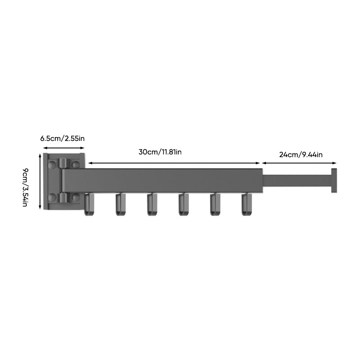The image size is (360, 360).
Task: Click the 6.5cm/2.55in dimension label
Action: [x=62, y=138]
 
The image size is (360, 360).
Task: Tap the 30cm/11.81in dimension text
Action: [x=160, y=152]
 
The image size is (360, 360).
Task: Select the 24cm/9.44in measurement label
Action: [x=301, y=154]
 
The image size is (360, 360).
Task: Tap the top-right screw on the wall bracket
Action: [x=76, y=165]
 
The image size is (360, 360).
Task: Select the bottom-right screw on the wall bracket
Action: [x=76, y=197]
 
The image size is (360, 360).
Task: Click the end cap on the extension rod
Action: [x=334, y=180]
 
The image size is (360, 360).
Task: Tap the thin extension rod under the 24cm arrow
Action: [x=297, y=180]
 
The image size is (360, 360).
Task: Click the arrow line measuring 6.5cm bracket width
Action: [x=63, y=148]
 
